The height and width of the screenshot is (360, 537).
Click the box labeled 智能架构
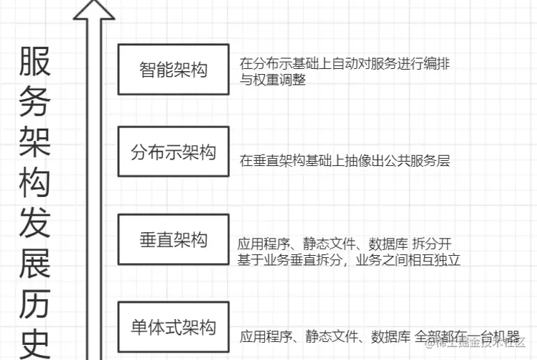[173, 70]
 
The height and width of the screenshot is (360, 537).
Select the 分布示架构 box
[173, 152]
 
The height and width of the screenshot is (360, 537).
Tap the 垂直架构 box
[173, 239]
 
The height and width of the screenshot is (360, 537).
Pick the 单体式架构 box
[173, 328]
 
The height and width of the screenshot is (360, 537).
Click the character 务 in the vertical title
[34, 103]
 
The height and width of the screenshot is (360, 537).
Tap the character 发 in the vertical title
[34, 225]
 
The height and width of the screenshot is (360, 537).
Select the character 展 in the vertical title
[34, 265]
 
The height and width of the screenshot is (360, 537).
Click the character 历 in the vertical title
[34, 306]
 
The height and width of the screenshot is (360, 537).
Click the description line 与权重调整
[273, 80]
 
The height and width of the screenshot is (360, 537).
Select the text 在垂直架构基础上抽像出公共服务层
[345, 161]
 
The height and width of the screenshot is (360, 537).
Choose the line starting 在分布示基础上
[345, 63]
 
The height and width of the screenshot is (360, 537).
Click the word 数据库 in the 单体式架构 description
[391, 336]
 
